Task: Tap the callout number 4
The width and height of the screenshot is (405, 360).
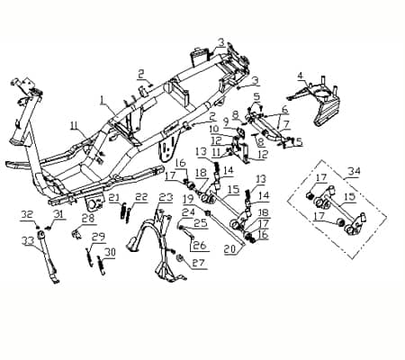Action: click(x=301, y=76)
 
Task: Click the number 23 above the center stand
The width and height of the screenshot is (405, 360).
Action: click(x=165, y=197)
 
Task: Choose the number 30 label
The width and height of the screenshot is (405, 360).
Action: click(x=111, y=253)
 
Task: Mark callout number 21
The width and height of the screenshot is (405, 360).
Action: click(x=113, y=197)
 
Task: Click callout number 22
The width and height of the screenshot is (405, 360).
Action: click(x=141, y=197)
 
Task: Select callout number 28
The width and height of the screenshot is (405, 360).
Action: click(x=88, y=218)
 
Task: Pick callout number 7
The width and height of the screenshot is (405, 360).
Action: click(x=286, y=124)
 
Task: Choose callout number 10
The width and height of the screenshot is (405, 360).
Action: click(x=215, y=129)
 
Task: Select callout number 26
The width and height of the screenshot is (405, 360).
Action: click(x=199, y=245)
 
